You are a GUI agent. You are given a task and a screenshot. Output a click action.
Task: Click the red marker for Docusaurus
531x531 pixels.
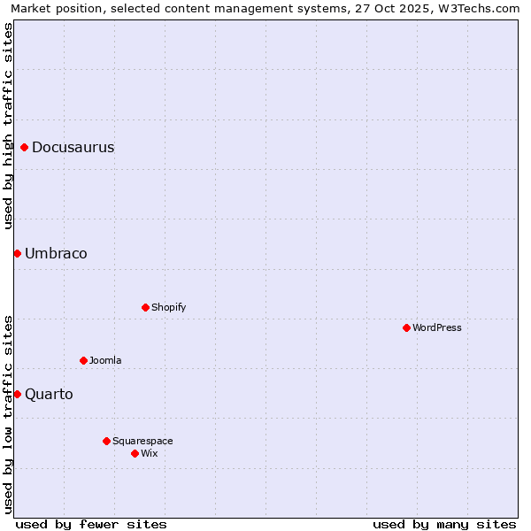[x=25, y=147]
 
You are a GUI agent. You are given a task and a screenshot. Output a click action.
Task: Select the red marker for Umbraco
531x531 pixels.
[x=17, y=253]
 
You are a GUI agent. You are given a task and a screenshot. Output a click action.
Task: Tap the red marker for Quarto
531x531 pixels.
[x=17, y=394]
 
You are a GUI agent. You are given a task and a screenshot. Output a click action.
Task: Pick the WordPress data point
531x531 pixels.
[x=406, y=327]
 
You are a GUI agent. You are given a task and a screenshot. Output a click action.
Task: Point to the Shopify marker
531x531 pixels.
[x=145, y=307]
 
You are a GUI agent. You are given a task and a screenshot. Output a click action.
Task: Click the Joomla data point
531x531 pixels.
[x=83, y=360]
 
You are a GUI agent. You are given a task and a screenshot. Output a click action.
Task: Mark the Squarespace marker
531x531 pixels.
[x=106, y=441]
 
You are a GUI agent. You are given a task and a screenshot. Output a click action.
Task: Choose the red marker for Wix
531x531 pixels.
[x=135, y=453]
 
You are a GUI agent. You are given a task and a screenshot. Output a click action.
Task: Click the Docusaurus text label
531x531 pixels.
[x=73, y=147]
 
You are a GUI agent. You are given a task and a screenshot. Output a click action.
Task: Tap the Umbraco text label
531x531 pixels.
[x=56, y=253]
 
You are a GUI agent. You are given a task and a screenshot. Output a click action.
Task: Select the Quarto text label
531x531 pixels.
[x=49, y=394]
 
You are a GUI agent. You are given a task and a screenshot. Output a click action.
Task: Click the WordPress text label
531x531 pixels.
[x=437, y=327]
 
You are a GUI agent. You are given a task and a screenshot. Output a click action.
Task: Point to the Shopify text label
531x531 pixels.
[x=168, y=307]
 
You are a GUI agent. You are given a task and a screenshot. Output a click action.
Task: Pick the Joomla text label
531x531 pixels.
[x=105, y=360]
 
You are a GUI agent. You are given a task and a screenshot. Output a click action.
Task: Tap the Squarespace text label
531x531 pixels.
[x=142, y=441]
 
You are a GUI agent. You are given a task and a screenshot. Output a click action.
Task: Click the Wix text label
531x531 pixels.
[x=150, y=453]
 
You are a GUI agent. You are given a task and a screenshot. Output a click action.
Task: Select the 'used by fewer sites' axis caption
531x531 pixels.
[x=91, y=524]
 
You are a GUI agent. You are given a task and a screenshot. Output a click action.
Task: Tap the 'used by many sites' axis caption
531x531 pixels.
[x=444, y=524]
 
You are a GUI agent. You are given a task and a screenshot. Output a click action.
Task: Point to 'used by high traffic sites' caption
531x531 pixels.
[x=8, y=126]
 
